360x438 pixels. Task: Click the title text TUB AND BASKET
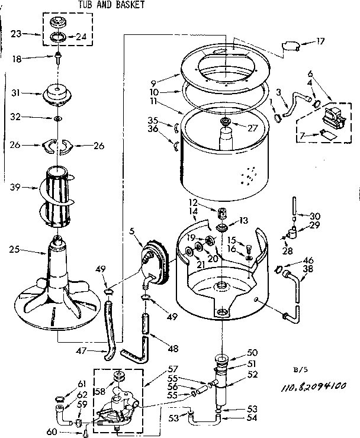pyautogui.click(x=111, y=5)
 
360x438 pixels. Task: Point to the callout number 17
pyautogui.click(x=320, y=41)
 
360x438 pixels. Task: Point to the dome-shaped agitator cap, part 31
pyautogui.click(x=57, y=94)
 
